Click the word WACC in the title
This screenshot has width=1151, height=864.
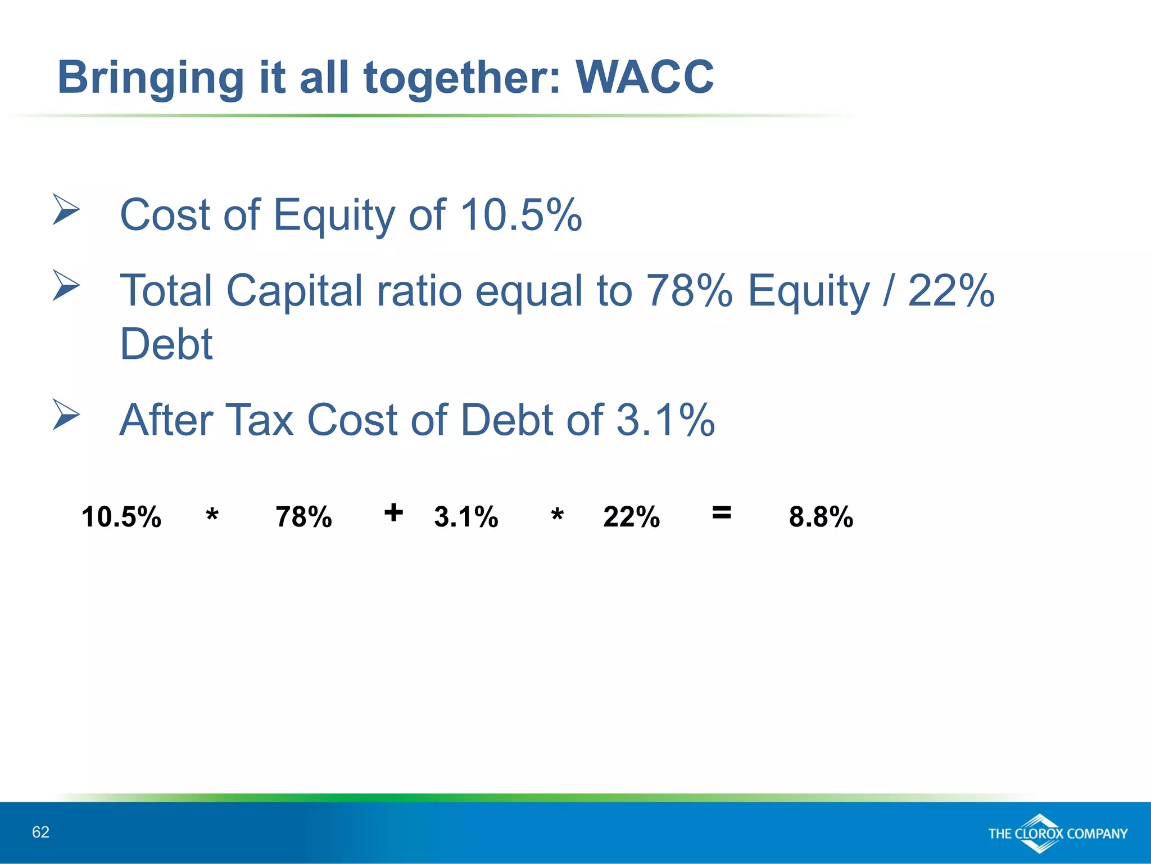[645, 77]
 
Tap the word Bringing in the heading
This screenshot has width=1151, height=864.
[151, 78]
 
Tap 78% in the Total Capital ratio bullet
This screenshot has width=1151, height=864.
[690, 290]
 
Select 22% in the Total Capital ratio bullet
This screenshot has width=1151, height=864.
[951, 290]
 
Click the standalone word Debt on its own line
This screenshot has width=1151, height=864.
[166, 344]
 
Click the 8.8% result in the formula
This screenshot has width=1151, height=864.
[821, 516]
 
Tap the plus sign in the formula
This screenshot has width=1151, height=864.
[393, 512]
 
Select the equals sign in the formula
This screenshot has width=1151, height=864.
[721, 512]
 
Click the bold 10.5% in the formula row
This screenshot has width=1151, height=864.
[121, 516]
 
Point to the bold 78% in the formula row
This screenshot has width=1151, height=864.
[303, 516]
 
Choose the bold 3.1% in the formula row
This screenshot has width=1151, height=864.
[466, 516]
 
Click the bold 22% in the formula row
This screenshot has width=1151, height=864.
[631, 516]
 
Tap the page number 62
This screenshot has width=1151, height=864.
[40, 832]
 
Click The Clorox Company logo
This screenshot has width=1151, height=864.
[1057, 833]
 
